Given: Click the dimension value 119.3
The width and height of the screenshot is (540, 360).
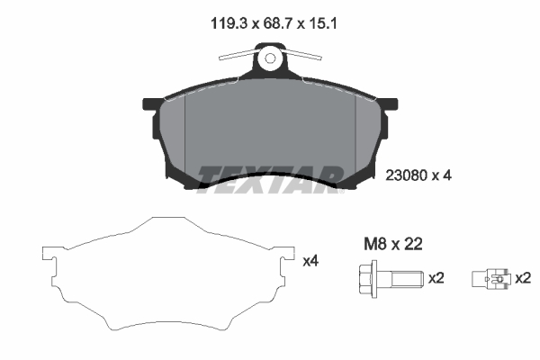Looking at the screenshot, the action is pyautogui.click(x=229, y=23).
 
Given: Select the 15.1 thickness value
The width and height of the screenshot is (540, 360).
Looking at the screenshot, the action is pyautogui.click(x=323, y=23).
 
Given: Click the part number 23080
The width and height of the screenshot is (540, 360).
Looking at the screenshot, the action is pyautogui.click(x=407, y=175).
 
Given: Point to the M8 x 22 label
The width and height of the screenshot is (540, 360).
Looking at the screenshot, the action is pyautogui.click(x=393, y=244).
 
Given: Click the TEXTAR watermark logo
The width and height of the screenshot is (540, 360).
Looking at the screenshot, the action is pyautogui.click(x=270, y=179).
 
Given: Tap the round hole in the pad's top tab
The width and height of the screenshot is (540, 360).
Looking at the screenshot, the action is pyautogui.click(x=270, y=58).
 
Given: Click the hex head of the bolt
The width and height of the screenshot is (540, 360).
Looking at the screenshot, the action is pyautogui.click(x=368, y=279).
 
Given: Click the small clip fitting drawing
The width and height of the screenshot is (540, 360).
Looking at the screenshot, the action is pyautogui.click(x=490, y=278).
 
